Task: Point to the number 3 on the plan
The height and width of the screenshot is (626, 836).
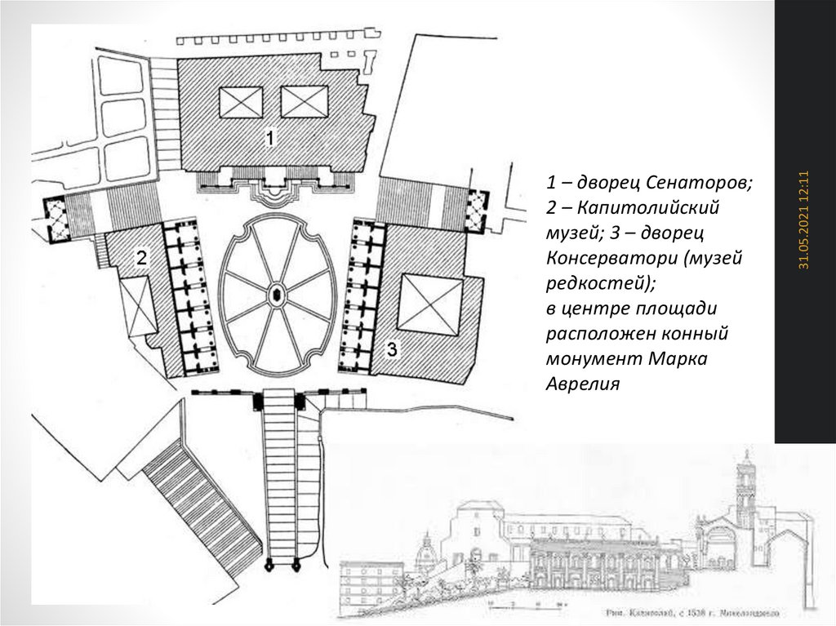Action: coord(392,350)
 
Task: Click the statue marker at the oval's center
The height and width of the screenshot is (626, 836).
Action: coord(276,294)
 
